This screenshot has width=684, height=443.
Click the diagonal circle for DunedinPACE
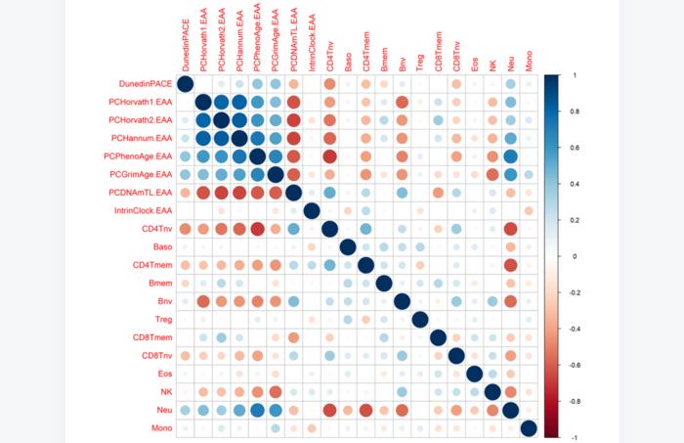click(x=185, y=85)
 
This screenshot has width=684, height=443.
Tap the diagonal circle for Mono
click(x=529, y=428)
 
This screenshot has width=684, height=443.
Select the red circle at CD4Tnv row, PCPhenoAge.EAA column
click(x=257, y=229)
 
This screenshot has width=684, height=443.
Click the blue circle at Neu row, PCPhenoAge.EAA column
click(x=257, y=410)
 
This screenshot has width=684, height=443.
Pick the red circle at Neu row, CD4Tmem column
click(x=365, y=410)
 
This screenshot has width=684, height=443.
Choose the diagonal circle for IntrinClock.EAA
click(x=312, y=211)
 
